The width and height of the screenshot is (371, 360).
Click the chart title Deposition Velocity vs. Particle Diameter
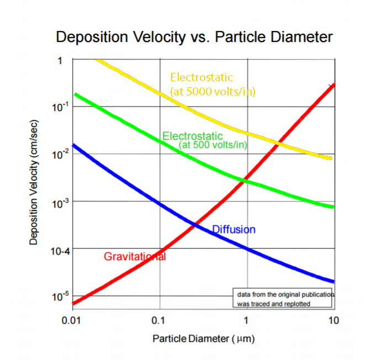(x=194, y=38)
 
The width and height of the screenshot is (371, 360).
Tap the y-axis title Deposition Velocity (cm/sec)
(x=34, y=182)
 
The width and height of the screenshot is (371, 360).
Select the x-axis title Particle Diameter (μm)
(x=204, y=338)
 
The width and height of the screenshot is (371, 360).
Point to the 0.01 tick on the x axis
(x=71, y=320)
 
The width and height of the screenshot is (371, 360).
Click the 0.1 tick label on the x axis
(x=158, y=320)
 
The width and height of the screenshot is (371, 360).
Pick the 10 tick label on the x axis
(x=333, y=320)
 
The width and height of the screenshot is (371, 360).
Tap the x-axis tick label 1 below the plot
(x=246, y=320)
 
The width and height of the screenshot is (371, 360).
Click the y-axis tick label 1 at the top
(x=60, y=61)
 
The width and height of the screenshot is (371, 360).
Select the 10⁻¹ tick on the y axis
(x=60, y=107)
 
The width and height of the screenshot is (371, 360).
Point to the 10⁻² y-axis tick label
(x=60, y=154)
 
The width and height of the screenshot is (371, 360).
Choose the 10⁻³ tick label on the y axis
(x=60, y=203)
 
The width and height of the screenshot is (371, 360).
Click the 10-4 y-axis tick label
(x=60, y=251)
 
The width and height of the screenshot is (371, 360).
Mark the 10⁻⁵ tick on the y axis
(x=60, y=297)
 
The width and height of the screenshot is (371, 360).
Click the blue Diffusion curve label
(x=234, y=230)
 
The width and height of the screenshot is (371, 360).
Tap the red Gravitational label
(x=135, y=257)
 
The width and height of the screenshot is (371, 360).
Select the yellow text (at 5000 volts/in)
(x=213, y=92)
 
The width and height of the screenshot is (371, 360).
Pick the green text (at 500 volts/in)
(x=213, y=145)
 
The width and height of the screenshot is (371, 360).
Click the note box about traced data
(x=283, y=298)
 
